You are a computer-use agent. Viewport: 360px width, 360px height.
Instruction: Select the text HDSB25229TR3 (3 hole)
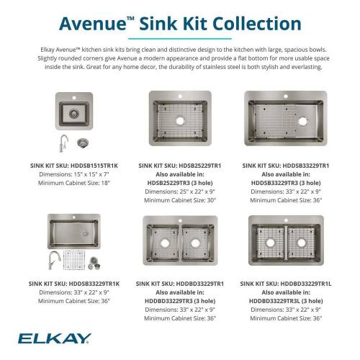[180, 182]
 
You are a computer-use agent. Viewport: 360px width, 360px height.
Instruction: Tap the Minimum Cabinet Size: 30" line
[180, 199]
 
